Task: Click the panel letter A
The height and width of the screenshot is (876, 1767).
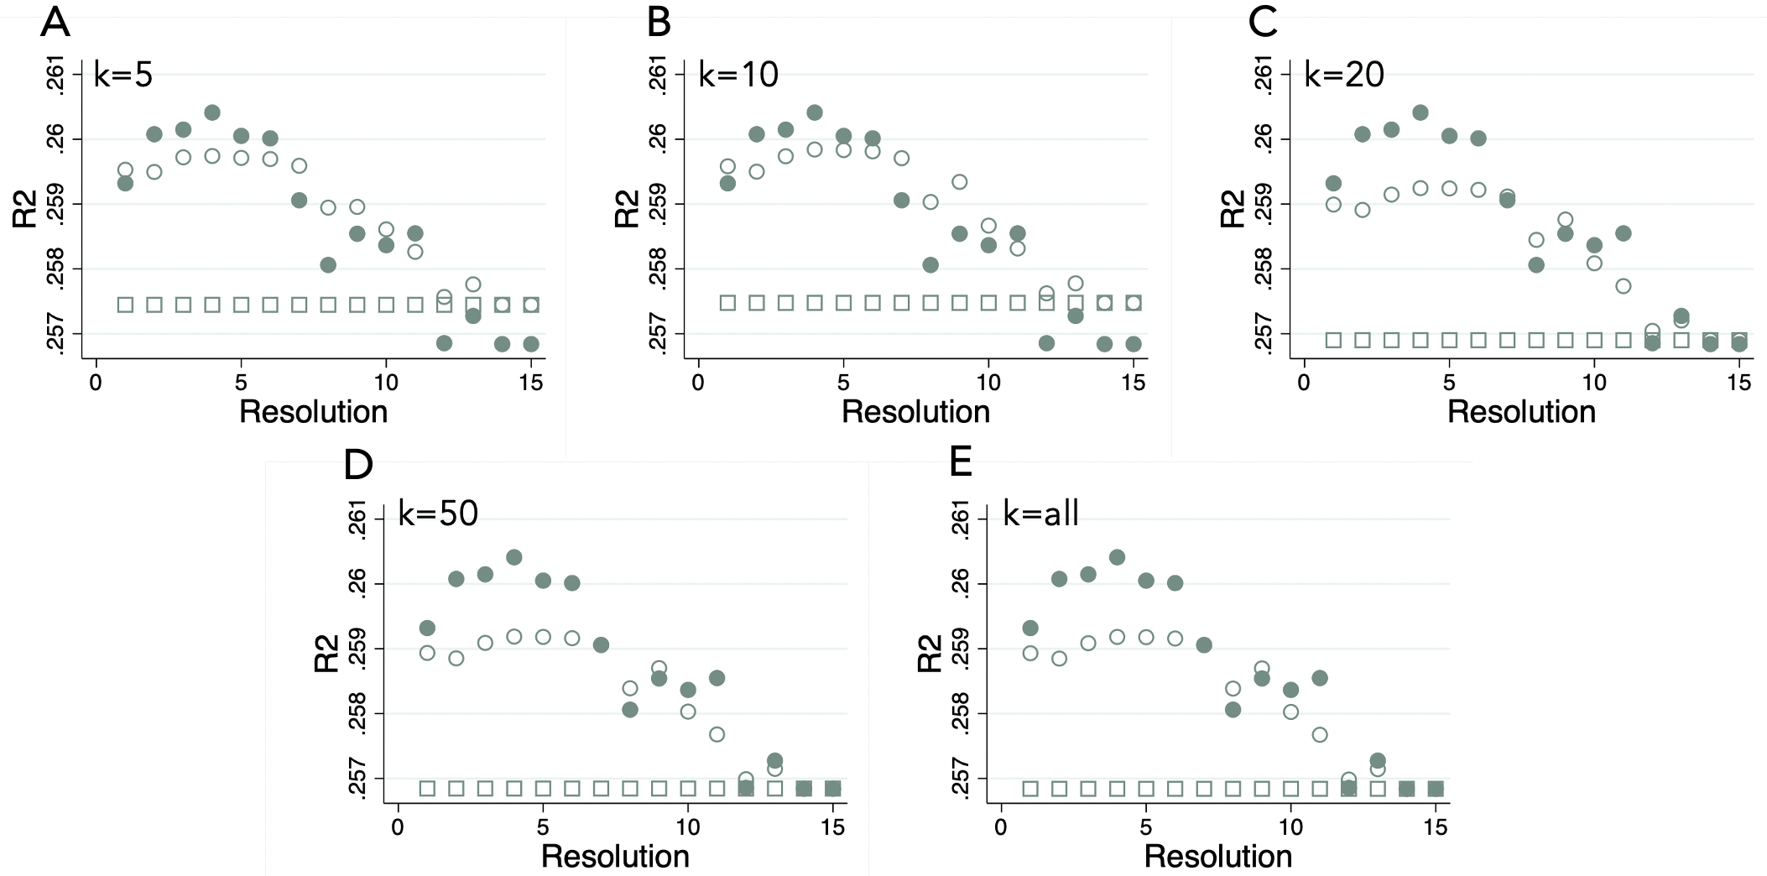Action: coord(55,22)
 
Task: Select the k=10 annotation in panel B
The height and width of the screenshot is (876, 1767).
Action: coord(738,76)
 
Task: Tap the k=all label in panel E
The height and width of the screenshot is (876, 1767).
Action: coord(1040,514)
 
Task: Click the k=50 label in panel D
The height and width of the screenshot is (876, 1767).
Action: coord(438,514)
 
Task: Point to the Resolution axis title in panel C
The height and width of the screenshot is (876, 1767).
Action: coord(1521,412)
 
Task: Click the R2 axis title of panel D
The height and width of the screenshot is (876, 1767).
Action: coord(327,654)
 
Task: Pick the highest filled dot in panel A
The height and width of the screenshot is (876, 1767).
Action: coord(212,112)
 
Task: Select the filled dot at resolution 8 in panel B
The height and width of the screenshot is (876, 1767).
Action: coord(930,265)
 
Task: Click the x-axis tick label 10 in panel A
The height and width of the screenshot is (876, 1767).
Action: coord(386,383)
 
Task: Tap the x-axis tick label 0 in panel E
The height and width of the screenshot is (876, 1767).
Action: coord(1000,828)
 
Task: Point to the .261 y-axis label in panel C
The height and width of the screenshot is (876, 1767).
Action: coord(1263,76)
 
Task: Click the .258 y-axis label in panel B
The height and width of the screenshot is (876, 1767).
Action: coord(659,269)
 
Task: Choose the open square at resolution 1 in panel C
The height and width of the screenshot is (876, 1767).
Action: coord(1333,340)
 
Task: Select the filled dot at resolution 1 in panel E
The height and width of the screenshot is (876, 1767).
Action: coord(1030,628)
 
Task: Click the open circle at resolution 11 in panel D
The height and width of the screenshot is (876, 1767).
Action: coord(717,734)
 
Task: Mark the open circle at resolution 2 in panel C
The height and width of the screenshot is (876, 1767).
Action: coord(1363,210)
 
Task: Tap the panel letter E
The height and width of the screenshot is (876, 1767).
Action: coord(961,462)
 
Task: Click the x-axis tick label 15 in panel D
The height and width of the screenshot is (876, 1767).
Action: coord(832,828)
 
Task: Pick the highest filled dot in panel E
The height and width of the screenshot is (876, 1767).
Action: coord(1117,557)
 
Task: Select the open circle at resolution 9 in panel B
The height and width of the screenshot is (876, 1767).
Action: coord(960,182)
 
